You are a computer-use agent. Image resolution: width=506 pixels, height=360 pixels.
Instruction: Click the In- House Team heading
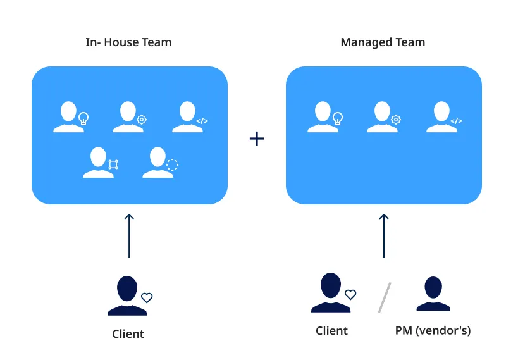pyautogui.click(x=128, y=42)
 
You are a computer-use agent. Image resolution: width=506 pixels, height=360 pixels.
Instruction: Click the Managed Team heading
pyautogui.click(x=383, y=42)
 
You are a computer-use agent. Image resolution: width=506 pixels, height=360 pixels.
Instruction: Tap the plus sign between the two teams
pyautogui.click(x=256, y=139)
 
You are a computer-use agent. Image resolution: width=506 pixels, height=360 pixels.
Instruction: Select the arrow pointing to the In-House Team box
pyautogui.click(x=129, y=235)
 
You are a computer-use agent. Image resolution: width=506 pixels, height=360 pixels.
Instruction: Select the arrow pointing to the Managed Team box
pyautogui.click(x=383, y=235)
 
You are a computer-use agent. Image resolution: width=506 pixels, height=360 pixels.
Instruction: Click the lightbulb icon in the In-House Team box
pyautogui.click(x=83, y=118)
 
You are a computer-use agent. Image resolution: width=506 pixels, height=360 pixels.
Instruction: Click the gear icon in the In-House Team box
pyautogui.click(x=142, y=119)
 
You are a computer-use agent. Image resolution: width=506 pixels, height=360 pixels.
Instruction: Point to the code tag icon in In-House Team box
pyautogui.click(x=202, y=120)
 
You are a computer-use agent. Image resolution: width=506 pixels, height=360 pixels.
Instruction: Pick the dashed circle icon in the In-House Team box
pyautogui.click(x=172, y=165)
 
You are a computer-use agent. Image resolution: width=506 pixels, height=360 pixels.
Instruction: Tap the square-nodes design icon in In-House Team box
pyautogui.click(x=113, y=165)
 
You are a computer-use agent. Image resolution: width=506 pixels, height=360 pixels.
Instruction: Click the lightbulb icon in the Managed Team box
pyautogui.click(x=338, y=118)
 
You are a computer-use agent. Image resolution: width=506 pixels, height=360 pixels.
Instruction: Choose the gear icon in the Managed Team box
pyautogui.click(x=396, y=119)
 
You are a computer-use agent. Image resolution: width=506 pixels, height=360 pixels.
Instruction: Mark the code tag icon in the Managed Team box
pyautogui.click(x=456, y=120)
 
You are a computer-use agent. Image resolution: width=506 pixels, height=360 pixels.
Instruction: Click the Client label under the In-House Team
pyautogui.click(x=128, y=333)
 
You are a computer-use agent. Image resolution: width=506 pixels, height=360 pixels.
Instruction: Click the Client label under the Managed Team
pyautogui.click(x=331, y=330)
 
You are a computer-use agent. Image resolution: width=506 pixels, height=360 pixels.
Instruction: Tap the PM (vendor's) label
pyautogui.click(x=433, y=330)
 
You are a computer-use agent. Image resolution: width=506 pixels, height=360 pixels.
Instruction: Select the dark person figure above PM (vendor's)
pyautogui.click(x=433, y=294)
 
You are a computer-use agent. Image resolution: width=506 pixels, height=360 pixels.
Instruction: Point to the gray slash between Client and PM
pyautogui.click(x=384, y=297)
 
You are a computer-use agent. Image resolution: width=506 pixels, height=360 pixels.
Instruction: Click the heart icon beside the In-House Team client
pyautogui.click(x=147, y=297)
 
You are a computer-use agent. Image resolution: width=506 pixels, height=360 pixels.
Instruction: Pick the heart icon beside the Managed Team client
pyautogui.click(x=350, y=294)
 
